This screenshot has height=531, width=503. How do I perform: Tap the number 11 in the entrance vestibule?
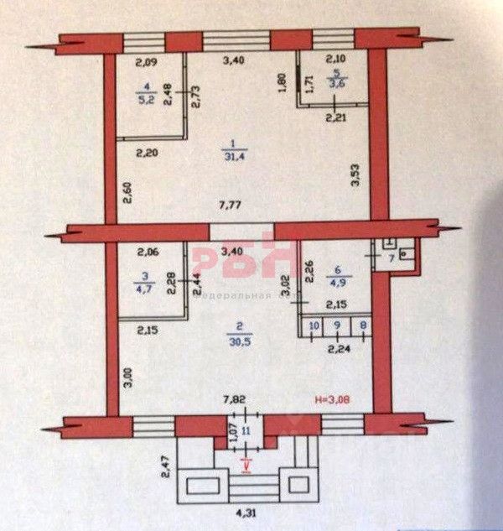coord(246,430)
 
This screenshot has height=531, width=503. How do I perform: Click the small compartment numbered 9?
coord(336,324)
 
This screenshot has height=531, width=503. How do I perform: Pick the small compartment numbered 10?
coord(314,324)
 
